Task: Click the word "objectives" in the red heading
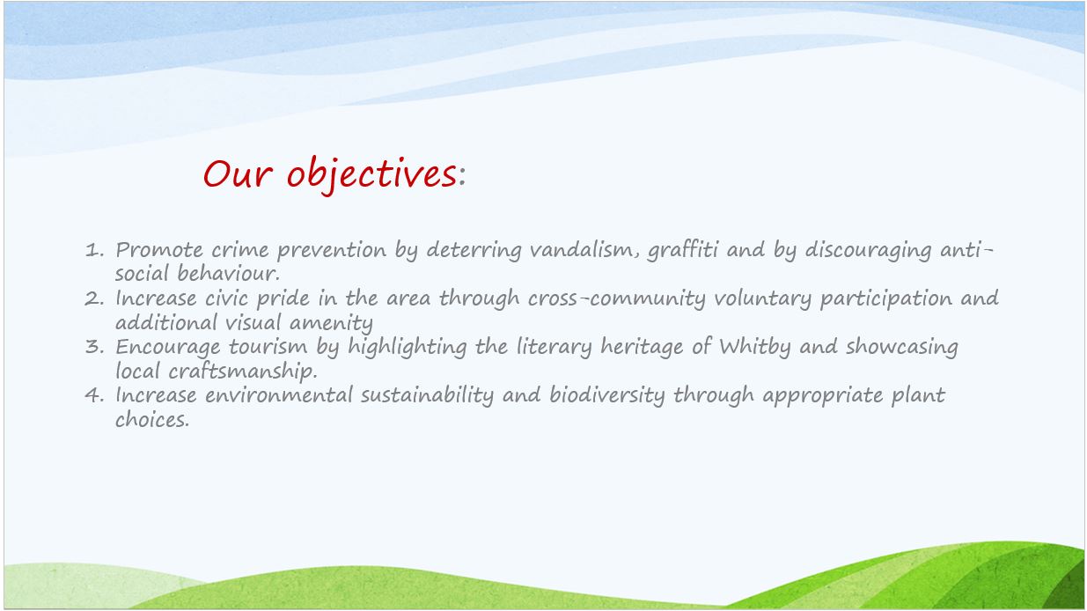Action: (x=371, y=175)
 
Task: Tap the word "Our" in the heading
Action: (x=238, y=173)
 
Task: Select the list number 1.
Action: (x=94, y=250)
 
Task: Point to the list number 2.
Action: (x=94, y=298)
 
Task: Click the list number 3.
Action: (x=94, y=347)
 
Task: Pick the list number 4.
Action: (x=94, y=395)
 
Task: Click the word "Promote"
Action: (x=159, y=250)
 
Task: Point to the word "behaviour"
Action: (x=228, y=273)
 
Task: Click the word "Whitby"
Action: (x=755, y=348)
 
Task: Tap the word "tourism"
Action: (x=268, y=347)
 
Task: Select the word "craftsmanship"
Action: (x=243, y=372)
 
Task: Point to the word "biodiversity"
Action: (x=607, y=396)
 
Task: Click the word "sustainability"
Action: (x=427, y=396)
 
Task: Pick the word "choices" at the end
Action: (x=152, y=419)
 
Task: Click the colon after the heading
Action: (x=462, y=176)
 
